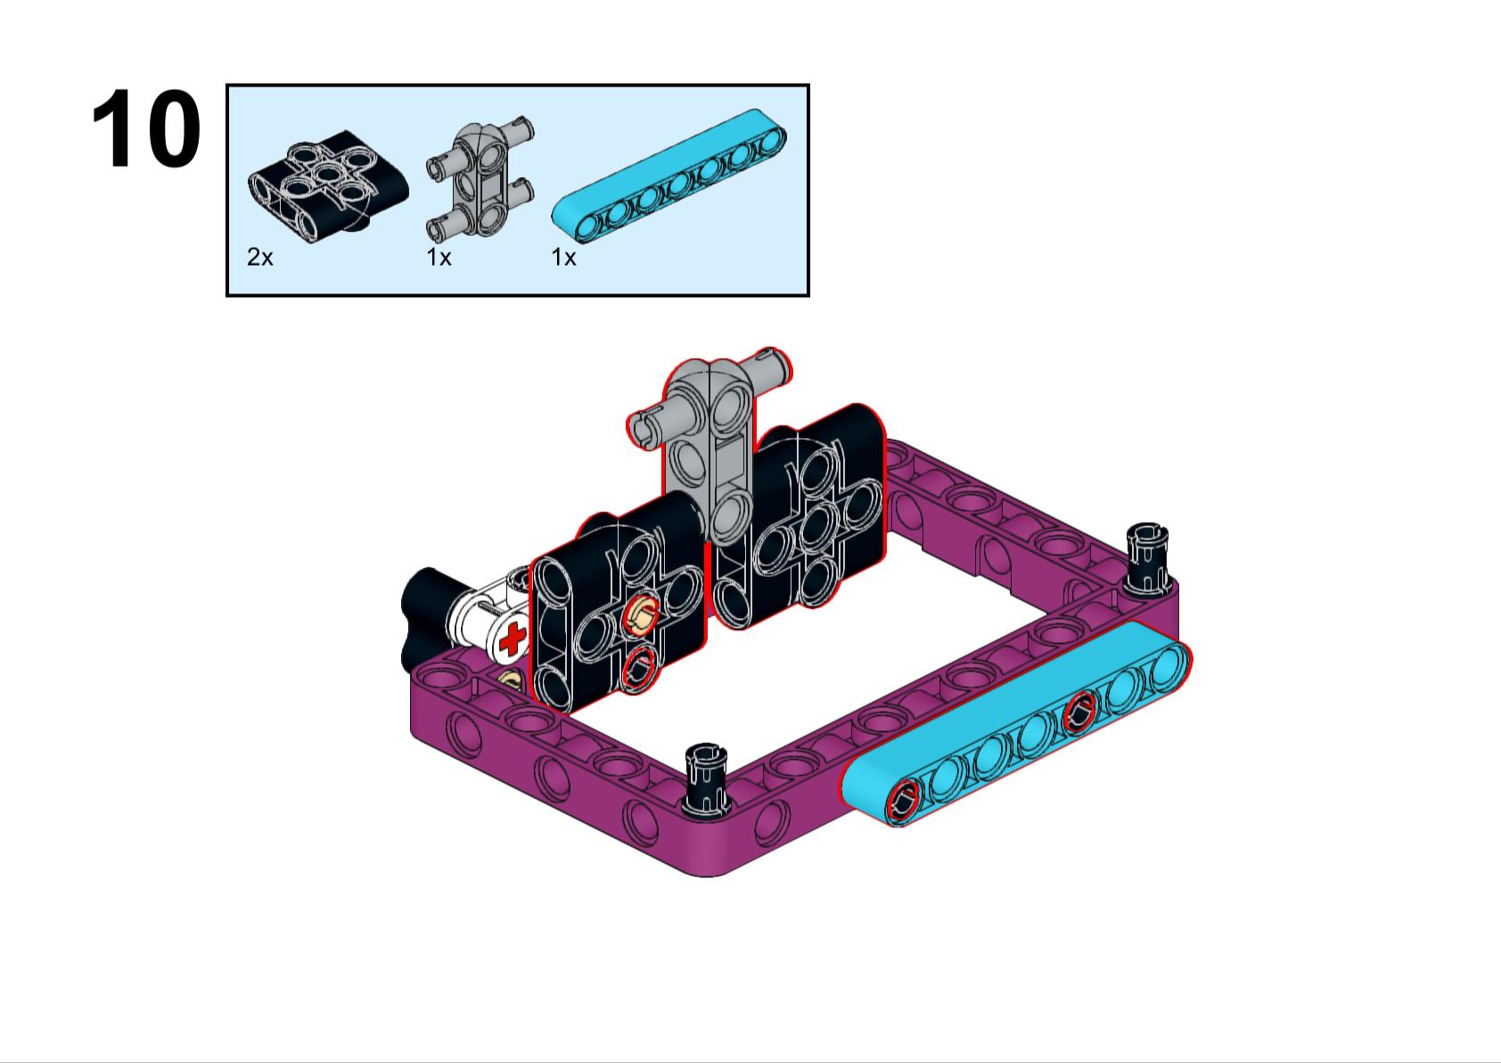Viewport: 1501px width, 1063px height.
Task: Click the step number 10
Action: coord(145,130)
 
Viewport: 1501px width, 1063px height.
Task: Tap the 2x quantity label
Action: coord(259,258)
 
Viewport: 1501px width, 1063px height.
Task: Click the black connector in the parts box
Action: coord(328,185)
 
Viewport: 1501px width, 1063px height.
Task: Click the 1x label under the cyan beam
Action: coord(563,258)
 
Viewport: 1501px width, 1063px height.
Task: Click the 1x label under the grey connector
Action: coord(439,258)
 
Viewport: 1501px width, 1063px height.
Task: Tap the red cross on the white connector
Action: coord(513,639)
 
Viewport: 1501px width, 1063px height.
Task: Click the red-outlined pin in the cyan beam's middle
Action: coord(1079,711)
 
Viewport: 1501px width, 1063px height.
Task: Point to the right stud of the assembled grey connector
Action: coord(771,367)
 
